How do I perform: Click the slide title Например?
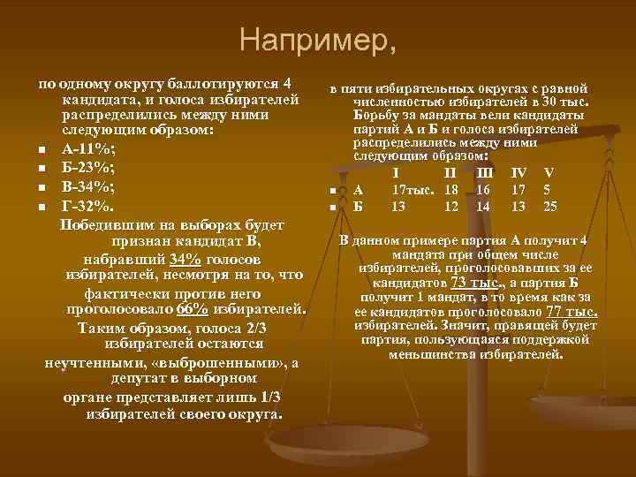click(318, 41)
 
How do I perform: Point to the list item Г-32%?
click(87, 206)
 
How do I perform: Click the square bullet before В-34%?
click(42, 187)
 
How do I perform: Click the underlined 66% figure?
click(193, 310)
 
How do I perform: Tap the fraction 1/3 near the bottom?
click(271, 397)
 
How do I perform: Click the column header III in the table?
click(485, 172)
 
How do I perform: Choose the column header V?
click(549, 172)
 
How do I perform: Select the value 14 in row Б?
click(482, 207)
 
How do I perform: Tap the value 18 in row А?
click(450, 189)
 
